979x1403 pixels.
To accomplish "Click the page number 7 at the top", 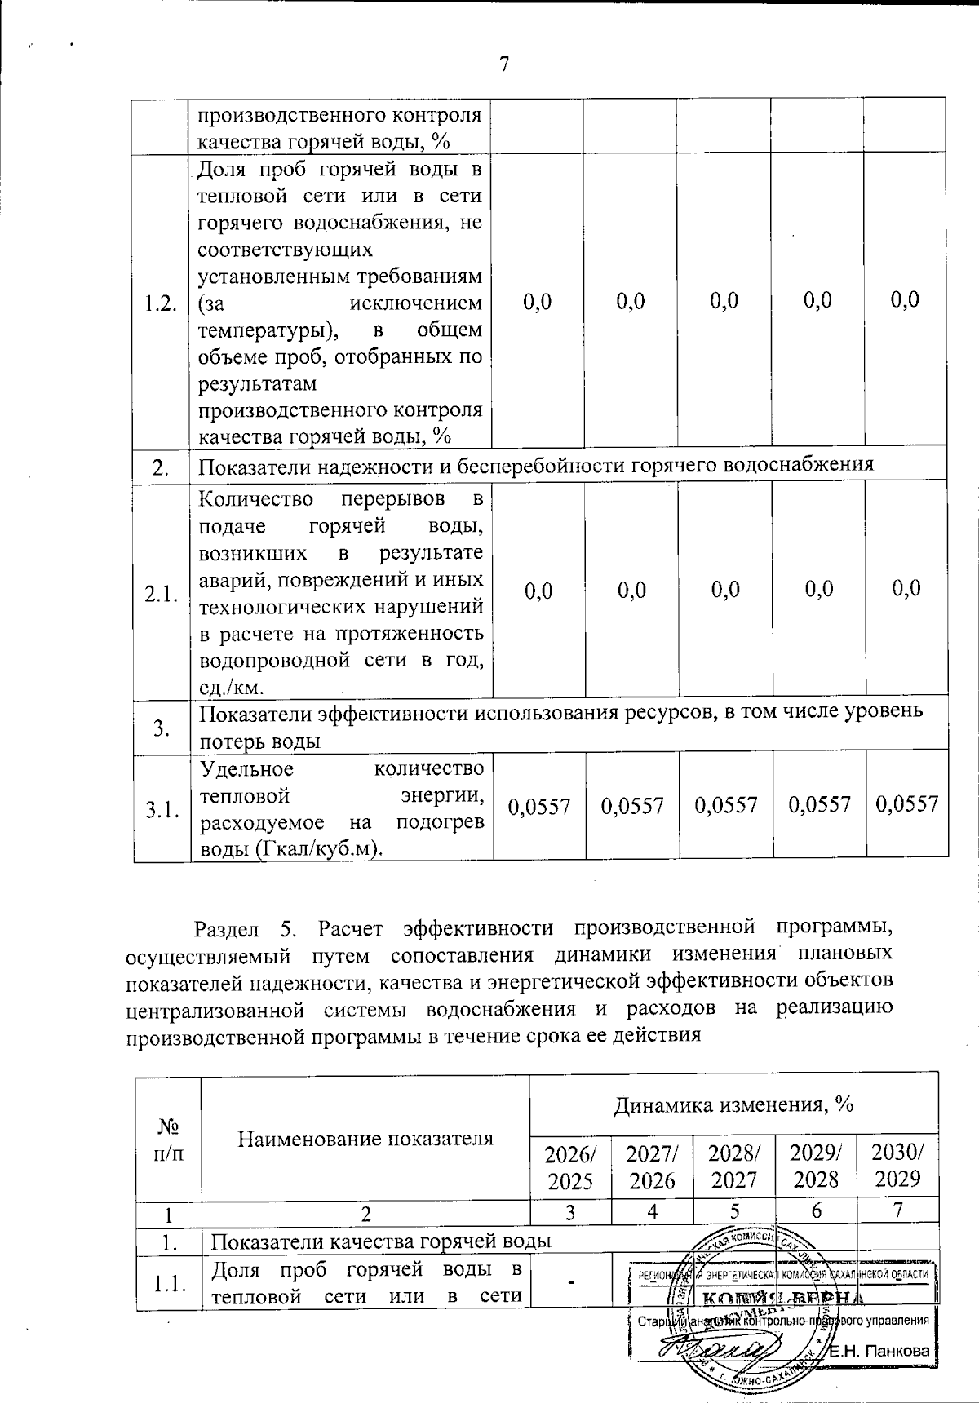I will click(504, 64).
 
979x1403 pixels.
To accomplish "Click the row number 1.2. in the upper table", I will click(161, 304).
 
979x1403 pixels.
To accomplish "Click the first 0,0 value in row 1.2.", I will click(537, 301).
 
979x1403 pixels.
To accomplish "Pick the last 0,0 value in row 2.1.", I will click(906, 588).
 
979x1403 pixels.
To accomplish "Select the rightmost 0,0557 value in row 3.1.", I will click(906, 805).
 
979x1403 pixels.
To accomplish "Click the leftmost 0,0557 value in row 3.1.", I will click(538, 807).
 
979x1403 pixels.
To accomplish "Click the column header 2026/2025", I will click(570, 1166).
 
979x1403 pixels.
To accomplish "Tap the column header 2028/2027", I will click(734, 1166).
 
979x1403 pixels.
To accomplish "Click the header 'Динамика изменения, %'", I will click(733, 1104).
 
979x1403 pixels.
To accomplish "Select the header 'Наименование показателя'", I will click(365, 1138).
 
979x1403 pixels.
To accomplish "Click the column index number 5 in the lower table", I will click(734, 1213).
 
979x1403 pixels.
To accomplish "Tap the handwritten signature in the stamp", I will click(718, 1348).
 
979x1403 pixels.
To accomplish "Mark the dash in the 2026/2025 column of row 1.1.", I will click(570, 1283).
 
